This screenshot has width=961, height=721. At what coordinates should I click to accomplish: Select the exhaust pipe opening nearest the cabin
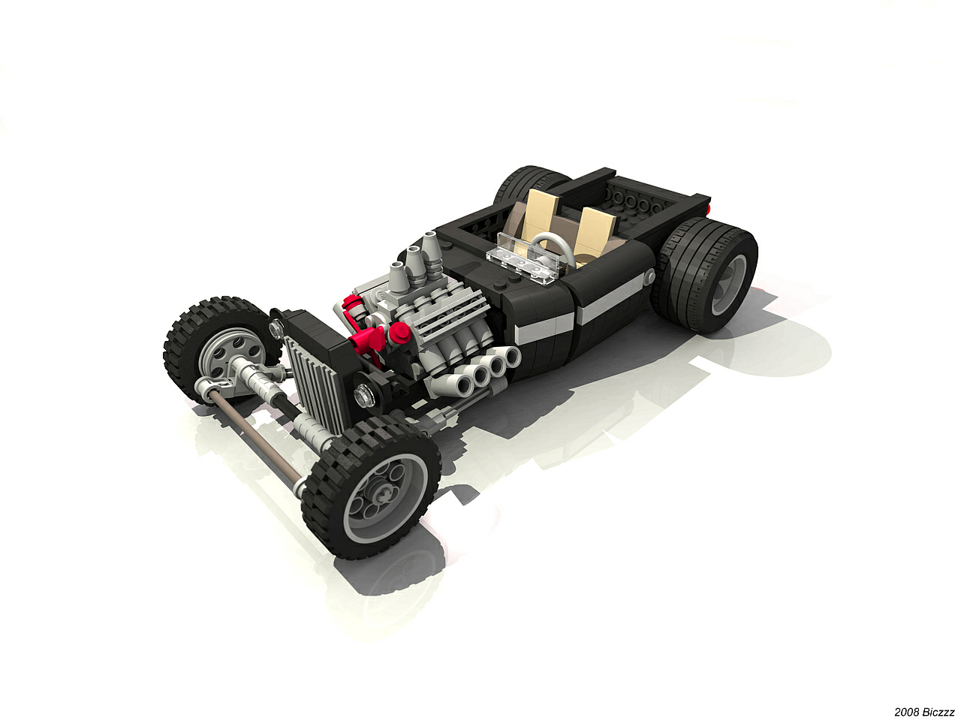(511, 356)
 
